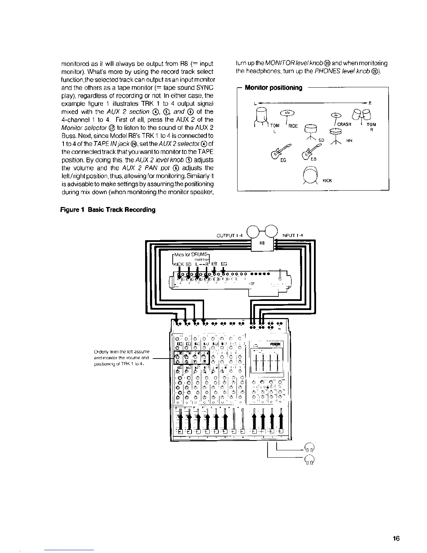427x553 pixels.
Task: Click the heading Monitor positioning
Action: tap(274, 88)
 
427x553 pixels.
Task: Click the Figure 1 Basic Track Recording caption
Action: tap(108, 210)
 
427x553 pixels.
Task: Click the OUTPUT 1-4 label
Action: tap(230, 235)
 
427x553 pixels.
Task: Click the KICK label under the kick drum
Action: tap(327, 180)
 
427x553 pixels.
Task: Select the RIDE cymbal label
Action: tap(293, 126)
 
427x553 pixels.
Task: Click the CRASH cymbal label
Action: tap(344, 124)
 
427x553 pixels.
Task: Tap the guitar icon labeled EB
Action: tap(309, 151)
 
